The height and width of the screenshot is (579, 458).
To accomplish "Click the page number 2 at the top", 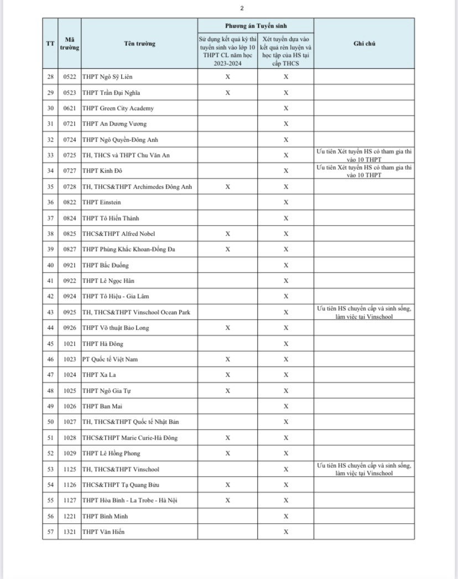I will pos(242,8).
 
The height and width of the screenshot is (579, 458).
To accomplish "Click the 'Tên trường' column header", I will pos(139,44).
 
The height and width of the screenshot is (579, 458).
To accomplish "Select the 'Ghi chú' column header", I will pos(364,44).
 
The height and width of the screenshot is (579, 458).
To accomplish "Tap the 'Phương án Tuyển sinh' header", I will pos(256,26).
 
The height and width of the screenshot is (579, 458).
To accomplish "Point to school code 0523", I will pos(69,92).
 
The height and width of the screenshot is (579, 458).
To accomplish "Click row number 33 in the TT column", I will pos(50,155).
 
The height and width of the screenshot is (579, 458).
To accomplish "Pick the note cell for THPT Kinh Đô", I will pos(364,171).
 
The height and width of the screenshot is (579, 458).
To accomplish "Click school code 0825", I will pos(69,234).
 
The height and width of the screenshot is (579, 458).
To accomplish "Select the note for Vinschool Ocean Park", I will pos(364,312).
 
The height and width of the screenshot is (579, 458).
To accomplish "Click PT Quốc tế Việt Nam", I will pos(110,359).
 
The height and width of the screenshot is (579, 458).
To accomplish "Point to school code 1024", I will pos(69,375).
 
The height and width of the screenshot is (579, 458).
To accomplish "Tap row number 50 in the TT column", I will pos(50,422).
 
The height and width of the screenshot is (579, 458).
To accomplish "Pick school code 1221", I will pos(69,517).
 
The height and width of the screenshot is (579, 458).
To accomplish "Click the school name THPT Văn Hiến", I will pos(103,532).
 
